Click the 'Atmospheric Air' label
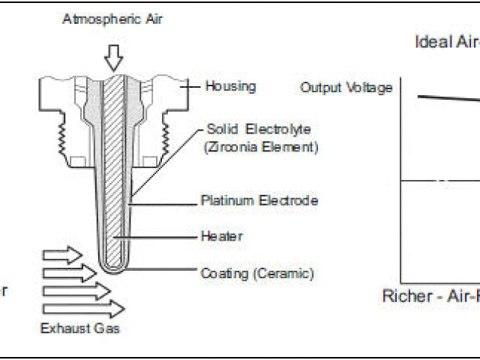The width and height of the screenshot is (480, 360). coord(112,19)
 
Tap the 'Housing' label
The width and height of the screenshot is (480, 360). coord(230,86)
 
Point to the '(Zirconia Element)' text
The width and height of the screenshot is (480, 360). coord(261,146)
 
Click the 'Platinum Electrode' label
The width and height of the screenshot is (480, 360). coord(259,200)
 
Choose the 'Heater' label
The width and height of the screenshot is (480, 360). coord(222,236)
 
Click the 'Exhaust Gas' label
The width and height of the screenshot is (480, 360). coord(79,328)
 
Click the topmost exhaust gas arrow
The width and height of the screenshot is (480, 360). coord(64,255)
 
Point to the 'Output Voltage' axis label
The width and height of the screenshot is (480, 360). coord(346,88)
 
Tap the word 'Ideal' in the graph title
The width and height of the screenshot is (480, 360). coord(431,42)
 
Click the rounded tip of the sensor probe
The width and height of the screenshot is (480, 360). coord(113,268)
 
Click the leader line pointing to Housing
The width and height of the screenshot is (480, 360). coord(193,86)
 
